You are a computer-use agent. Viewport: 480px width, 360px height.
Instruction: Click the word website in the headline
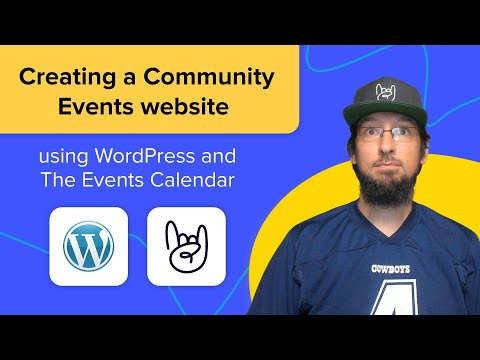199,106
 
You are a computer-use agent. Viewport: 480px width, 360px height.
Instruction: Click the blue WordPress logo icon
88,247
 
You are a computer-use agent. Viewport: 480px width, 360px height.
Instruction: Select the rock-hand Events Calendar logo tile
186,247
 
